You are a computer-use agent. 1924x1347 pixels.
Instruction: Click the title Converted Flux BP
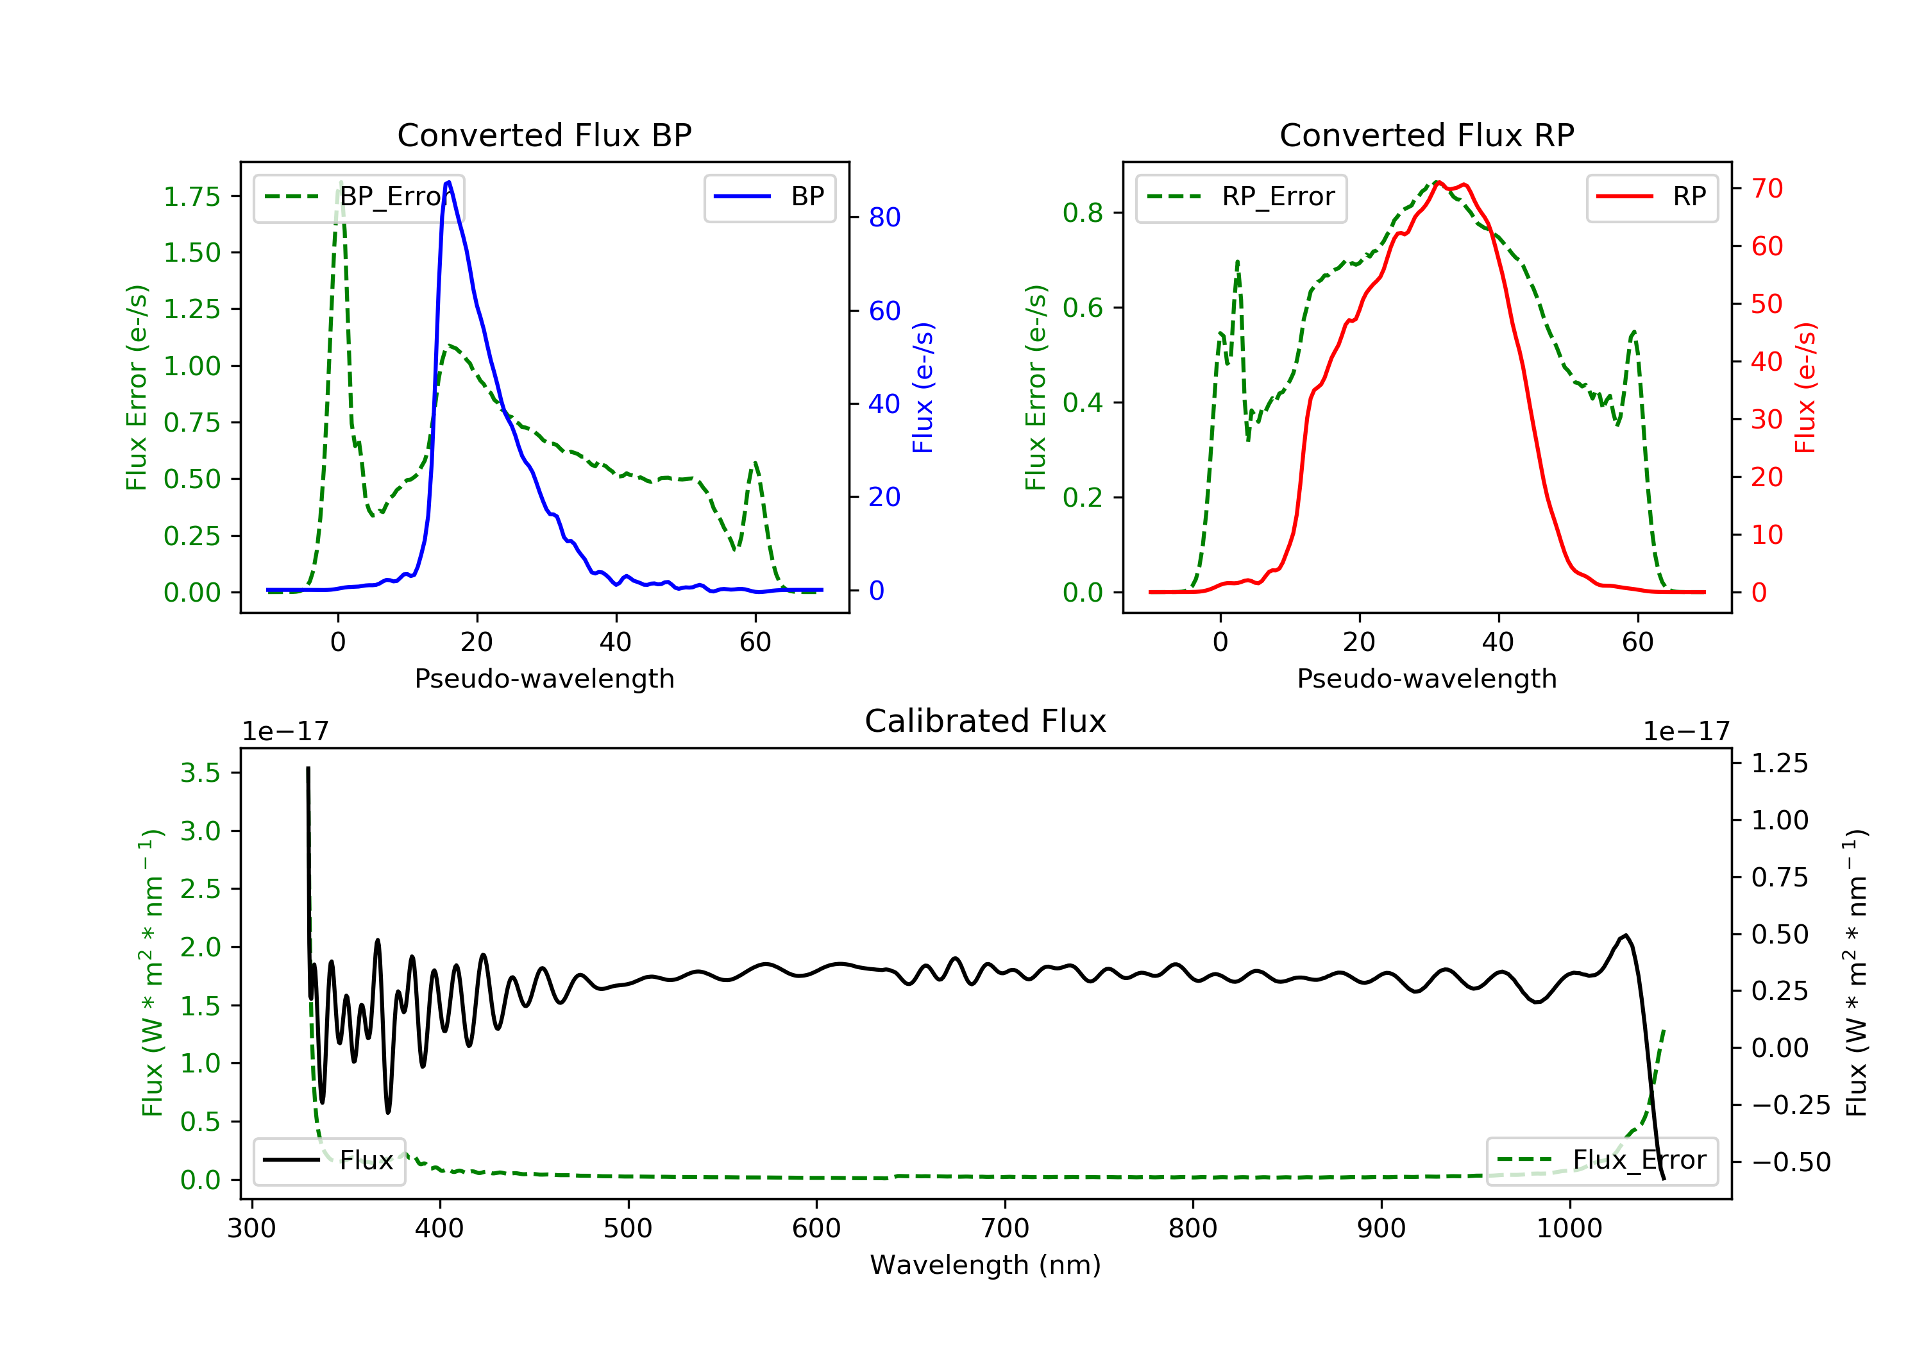(x=544, y=135)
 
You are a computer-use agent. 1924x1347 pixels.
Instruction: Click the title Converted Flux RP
(x=1426, y=135)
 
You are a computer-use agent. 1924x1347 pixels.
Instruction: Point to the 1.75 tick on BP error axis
(x=192, y=196)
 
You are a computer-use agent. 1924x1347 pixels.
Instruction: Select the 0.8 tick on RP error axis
(x=1083, y=213)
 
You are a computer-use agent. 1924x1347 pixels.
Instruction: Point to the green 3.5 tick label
(x=200, y=773)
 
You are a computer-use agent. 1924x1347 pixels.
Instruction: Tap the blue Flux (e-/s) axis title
(x=923, y=387)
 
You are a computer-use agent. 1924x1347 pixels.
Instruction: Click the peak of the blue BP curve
(x=449, y=182)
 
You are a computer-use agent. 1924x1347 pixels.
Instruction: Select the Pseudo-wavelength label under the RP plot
(x=1426, y=678)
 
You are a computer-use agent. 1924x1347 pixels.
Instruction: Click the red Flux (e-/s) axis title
(x=1805, y=387)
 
